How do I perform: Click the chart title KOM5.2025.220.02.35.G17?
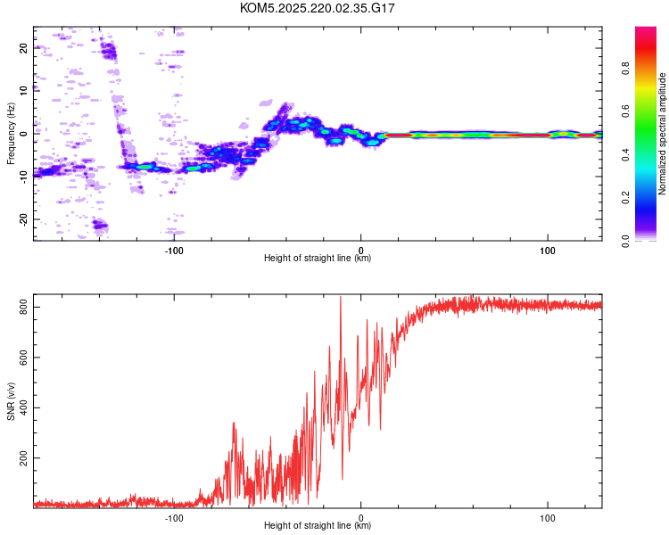coord(317,8)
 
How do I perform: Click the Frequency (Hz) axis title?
coord(11,134)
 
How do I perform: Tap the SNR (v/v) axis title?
coord(11,401)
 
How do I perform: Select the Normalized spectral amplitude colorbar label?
coord(662,134)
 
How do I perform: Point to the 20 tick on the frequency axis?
coord(23,48)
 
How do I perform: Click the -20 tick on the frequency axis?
coord(23,220)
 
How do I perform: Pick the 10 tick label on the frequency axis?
coord(23,91)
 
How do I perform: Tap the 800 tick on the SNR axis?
coord(23,307)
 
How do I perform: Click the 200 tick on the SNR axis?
coord(23,457)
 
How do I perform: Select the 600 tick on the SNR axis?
coord(23,358)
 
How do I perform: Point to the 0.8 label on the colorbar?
coord(625,69)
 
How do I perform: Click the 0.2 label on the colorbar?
coord(625,198)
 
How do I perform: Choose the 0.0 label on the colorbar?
coord(625,241)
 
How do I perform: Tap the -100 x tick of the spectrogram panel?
coord(174,251)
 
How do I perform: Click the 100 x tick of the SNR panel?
coord(548,518)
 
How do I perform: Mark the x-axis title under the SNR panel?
coord(318,525)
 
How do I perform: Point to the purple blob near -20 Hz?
coord(101,225)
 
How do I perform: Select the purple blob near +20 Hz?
coord(108,51)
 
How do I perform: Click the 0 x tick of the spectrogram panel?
coord(361,251)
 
